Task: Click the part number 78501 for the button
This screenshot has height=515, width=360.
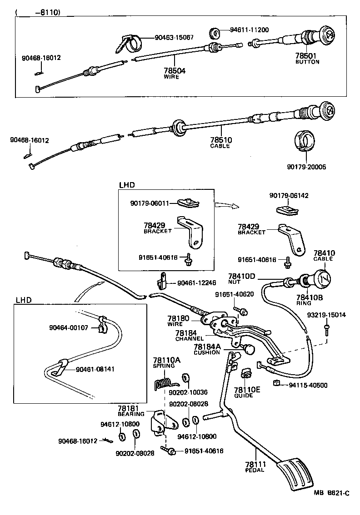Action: [x=307, y=55]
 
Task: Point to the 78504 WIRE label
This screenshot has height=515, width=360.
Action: [x=174, y=73]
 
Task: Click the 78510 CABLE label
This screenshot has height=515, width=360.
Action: [x=220, y=143]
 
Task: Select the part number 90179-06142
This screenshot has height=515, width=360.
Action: [x=289, y=196]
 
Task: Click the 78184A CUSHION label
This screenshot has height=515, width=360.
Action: [x=207, y=349]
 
